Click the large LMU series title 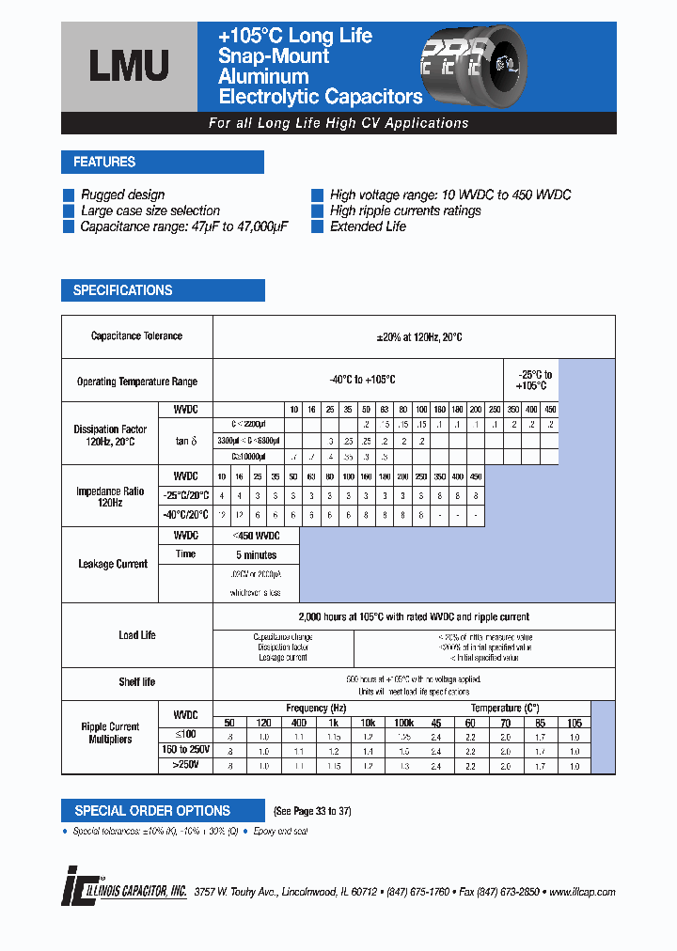(x=129, y=65)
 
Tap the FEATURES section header (x=104, y=162)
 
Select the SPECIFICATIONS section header (x=123, y=290)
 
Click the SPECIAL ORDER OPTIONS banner (x=152, y=810)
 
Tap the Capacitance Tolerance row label (x=136, y=336)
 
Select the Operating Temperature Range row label (x=136, y=382)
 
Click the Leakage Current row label (x=113, y=564)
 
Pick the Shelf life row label (x=136, y=681)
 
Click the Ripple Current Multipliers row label (x=111, y=733)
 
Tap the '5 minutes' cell (x=256, y=554)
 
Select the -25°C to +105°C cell (x=531, y=381)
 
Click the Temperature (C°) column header (x=505, y=708)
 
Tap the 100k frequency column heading (x=403, y=723)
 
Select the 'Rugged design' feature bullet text (x=122, y=195)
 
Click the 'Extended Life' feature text (x=368, y=226)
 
